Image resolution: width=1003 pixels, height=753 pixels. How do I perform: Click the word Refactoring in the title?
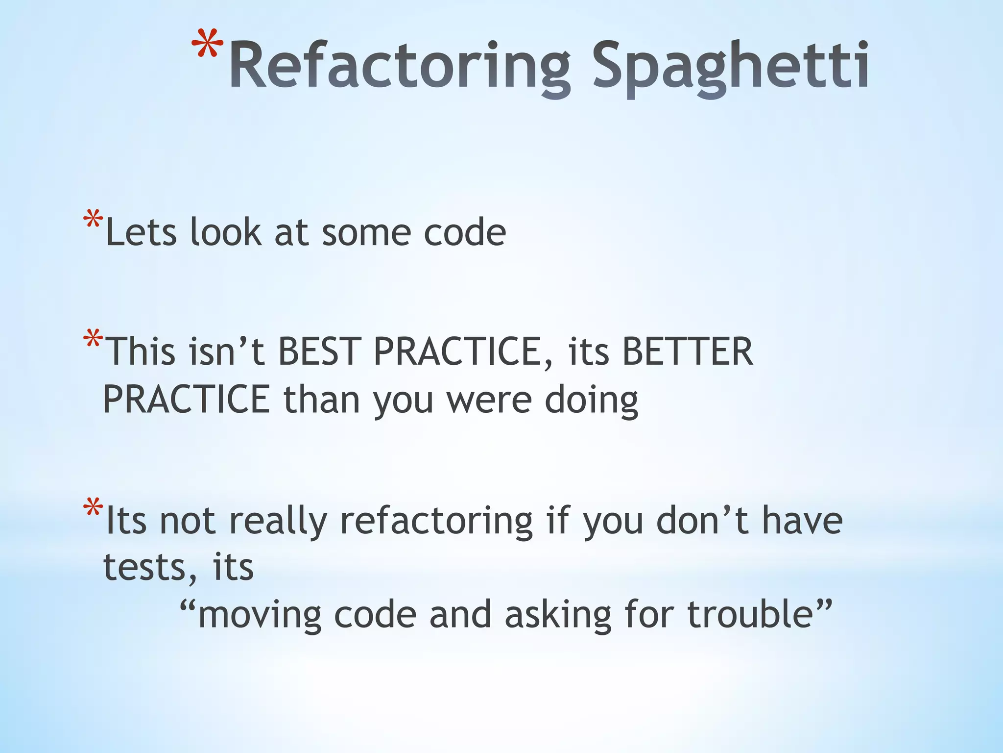point(399,66)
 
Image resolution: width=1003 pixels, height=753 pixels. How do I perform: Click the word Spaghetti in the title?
point(730,66)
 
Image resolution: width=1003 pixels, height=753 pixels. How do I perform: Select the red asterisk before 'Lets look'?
point(93,220)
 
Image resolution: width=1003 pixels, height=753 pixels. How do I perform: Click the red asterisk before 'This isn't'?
point(93,340)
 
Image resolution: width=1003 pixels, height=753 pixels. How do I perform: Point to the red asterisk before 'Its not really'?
point(93,508)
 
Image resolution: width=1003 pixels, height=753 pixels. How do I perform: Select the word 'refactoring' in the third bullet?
point(436,521)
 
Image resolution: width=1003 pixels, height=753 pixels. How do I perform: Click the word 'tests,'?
point(151,568)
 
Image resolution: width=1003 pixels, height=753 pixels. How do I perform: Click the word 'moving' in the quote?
point(259,615)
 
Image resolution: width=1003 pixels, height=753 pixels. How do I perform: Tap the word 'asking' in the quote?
point(558,615)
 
